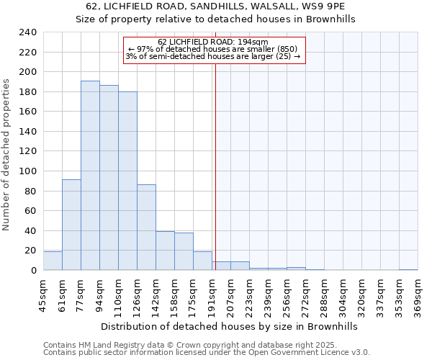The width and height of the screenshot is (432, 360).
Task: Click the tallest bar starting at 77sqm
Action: point(90,176)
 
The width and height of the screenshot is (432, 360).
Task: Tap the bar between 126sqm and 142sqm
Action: point(146,228)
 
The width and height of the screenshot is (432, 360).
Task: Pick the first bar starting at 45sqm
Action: point(53,261)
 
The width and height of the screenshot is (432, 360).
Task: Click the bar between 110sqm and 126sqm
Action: point(127,181)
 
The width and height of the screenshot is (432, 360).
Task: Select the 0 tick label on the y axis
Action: point(33,271)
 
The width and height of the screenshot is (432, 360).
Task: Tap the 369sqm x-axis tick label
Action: point(418,294)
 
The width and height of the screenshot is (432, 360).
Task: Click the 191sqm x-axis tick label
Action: point(212,294)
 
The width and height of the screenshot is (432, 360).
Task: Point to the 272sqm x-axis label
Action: point(305,294)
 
